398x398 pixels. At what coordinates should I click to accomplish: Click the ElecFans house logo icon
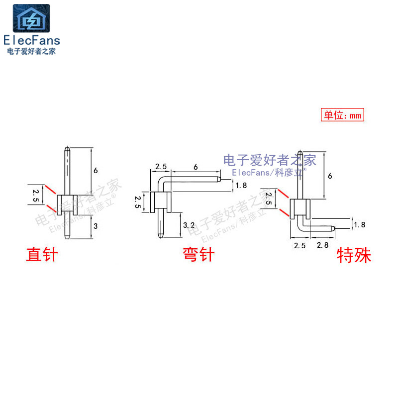31,19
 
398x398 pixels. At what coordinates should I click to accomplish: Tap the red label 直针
42,255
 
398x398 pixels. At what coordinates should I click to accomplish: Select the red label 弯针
198,255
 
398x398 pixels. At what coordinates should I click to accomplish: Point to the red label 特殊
354,256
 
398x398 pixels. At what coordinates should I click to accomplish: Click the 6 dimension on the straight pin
96,170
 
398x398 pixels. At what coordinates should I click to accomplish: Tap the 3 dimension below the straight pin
96,226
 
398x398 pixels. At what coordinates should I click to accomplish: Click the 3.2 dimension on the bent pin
189,225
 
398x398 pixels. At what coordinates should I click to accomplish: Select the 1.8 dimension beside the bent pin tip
241,185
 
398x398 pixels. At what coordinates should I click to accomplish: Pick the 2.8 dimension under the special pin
322,245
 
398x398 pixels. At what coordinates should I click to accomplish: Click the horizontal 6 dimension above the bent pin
196,167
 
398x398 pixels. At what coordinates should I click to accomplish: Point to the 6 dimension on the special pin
329,176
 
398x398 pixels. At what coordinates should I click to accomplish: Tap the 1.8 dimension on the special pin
359,225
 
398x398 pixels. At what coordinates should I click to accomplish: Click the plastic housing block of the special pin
300,208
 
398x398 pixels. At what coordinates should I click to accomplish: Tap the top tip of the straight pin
67,148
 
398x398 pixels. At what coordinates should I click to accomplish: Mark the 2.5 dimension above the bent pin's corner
160,166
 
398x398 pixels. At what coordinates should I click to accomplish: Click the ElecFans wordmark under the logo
31,40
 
